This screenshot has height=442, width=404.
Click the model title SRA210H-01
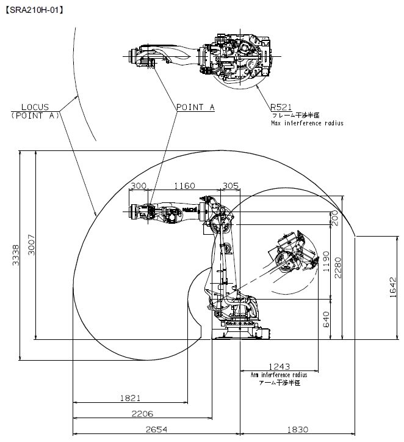(35, 10)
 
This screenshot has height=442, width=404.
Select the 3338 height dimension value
(16, 255)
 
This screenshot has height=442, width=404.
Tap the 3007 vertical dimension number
(32, 245)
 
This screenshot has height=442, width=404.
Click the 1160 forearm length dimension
(184, 186)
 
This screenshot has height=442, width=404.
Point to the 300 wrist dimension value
(139, 186)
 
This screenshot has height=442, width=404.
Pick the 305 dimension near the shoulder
(231, 186)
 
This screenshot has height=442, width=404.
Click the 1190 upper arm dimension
(326, 261)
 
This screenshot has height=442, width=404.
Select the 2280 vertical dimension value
(337, 268)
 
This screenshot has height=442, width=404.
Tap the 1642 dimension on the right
(393, 287)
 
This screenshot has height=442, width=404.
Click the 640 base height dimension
(326, 319)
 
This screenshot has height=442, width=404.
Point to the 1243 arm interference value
(279, 366)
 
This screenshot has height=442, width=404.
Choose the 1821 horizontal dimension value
(130, 398)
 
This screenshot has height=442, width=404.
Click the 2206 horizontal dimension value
(142, 414)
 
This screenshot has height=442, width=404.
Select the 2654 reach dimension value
(156, 430)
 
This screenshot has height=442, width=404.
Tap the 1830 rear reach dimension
(298, 430)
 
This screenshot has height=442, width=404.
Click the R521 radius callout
(281, 107)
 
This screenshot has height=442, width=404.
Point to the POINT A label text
(195, 107)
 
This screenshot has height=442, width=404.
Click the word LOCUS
(35, 107)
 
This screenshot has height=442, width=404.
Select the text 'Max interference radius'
(307, 123)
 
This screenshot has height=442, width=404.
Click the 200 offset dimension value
(335, 218)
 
